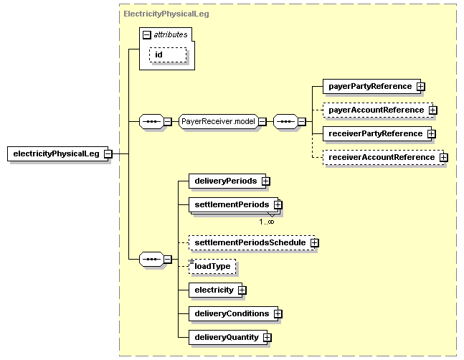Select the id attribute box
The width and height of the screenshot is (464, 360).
point(168,55)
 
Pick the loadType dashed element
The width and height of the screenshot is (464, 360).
point(212,266)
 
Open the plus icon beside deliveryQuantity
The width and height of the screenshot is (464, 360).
point(267,338)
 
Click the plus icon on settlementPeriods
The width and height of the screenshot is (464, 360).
point(278,204)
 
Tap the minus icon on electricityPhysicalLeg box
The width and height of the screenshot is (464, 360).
point(108,153)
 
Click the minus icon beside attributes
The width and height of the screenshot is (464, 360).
point(147,35)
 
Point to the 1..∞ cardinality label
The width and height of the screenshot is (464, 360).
point(267,222)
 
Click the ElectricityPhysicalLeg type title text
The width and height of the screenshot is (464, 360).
point(166,14)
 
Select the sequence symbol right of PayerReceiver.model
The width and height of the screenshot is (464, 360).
point(285,122)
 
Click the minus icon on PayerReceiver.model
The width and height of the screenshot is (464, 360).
point(262,122)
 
